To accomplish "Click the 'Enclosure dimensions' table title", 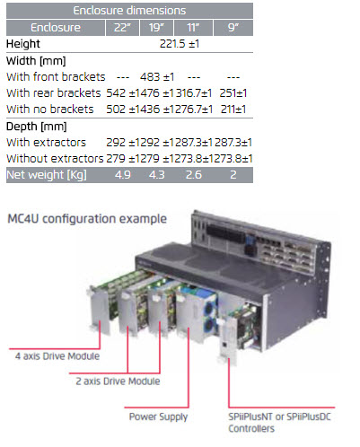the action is (x=129, y=11).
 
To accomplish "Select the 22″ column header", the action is (x=122, y=28).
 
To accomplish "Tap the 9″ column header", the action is (x=233, y=28).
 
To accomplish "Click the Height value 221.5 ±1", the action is (x=180, y=44).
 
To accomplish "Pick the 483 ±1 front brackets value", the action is (x=157, y=77).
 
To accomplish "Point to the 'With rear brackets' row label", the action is (x=54, y=93).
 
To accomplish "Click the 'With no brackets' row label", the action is (x=50, y=110).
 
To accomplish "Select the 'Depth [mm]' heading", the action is (x=36, y=127).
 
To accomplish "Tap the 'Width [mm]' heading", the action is (x=36, y=61).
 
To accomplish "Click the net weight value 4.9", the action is (x=123, y=175).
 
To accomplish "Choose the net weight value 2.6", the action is (x=194, y=175).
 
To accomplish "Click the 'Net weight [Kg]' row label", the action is (x=47, y=175).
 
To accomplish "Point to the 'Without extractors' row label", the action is (x=55, y=159).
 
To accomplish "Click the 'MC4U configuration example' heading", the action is (x=87, y=219).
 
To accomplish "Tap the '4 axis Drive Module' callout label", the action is (x=57, y=356).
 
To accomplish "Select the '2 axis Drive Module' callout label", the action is (x=118, y=381).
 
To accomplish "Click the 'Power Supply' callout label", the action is (x=158, y=416).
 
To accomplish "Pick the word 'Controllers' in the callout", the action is (x=251, y=428).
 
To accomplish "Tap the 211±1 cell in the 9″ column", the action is (x=233, y=110).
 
